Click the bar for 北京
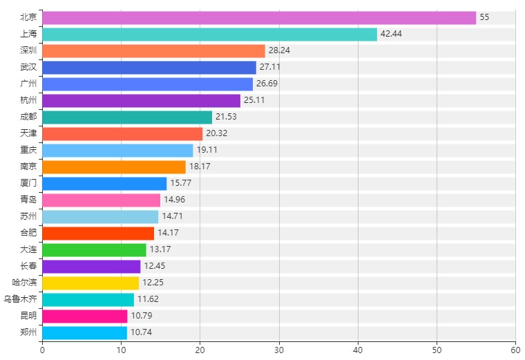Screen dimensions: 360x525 click(259, 17)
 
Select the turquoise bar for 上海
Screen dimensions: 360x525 click(209, 34)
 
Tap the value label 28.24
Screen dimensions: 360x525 click(280, 50)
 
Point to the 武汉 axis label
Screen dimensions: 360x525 click(28, 67)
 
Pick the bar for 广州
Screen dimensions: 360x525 click(147, 84)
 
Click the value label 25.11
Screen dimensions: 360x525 click(255, 100)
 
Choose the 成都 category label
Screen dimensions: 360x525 click(28, 117)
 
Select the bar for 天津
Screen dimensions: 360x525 click(122, 133)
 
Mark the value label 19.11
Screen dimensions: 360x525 click(207, 150)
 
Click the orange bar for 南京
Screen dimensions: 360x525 click(114, 167)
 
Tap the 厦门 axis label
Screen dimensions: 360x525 click(28, 183)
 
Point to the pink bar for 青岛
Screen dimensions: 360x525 click(101, 200)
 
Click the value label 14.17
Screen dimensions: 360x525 click(169, 233)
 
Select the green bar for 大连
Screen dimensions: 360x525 click(94, 249)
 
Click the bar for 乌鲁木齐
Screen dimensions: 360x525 click(88, 299)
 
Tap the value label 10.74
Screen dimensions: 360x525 click(141, 332)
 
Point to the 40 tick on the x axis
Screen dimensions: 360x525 click(358, 350)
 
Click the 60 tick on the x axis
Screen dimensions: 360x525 click(515, 350)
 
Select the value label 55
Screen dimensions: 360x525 click(484, 17)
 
